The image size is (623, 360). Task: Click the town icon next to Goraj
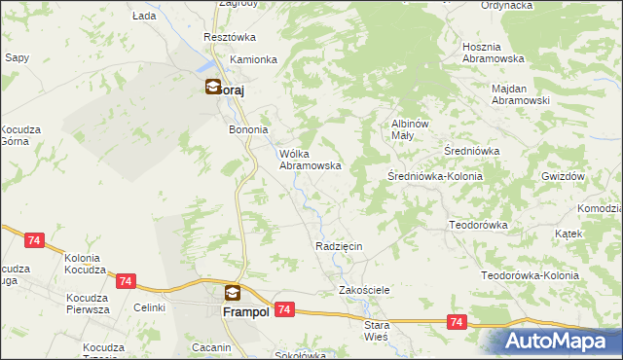(x=212, y=87)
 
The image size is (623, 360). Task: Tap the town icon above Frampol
(x=232, y=292)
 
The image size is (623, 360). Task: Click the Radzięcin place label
(x=339, y=246)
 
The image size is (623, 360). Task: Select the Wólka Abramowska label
(x=310, y=159)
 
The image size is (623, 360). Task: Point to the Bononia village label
(x=247, y=129)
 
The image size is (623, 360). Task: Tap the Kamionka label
(x=254, y=59)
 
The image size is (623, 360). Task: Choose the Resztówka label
(x=229, y=37)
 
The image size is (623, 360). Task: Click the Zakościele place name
(x=364, y=290)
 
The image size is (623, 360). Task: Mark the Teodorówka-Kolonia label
(x=531, y=275)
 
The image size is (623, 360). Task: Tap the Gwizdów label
(x=562, y=176)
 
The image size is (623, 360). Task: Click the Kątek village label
(x=568, y=234)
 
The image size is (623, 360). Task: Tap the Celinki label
(x=150, y=307)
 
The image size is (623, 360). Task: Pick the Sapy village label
(x=17, y=57)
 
